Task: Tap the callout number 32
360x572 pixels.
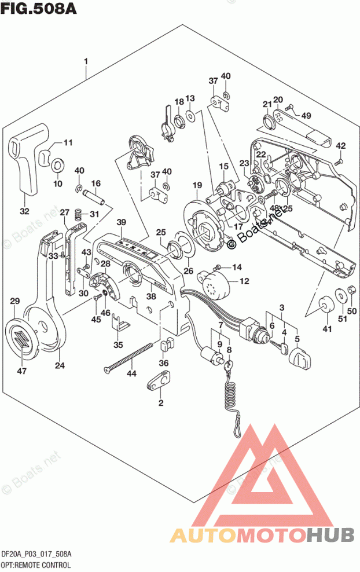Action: [24, 211]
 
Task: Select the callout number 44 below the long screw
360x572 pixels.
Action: [131, 374]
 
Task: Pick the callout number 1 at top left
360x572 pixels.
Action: [86, 61]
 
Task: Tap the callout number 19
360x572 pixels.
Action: [197, 185]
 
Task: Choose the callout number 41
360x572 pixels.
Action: [328, 329]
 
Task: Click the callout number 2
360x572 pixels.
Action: [161, 403]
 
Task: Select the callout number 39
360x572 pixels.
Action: [120, 222]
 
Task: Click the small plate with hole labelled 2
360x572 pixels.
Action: [159, 382]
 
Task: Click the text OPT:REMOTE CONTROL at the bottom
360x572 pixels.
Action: [36, 564]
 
